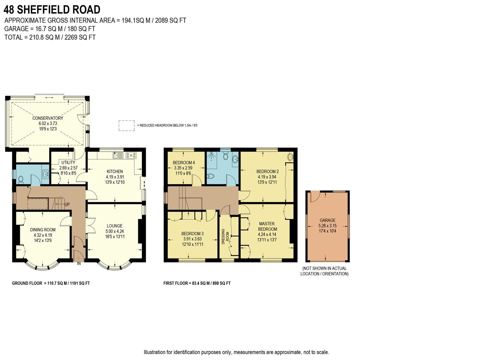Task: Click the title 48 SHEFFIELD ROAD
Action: (x=52, y=9)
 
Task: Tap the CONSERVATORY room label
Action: (x=48, y=118)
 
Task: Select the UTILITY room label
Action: (x=68, y=163)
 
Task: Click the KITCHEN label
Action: (x=115, y=172)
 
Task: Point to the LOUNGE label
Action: (x=115, y=226)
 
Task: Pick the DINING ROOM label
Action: (x=43, y=230)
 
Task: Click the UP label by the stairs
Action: (x=67, y=204)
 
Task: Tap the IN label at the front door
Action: (x=79, y=264)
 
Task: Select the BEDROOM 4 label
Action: (x=184, y=163)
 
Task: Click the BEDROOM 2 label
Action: (x=267, y=172)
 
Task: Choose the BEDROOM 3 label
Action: (x=193, y=234)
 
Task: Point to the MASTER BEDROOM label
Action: (x=267, y=226)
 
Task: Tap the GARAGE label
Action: (x=327, y=220)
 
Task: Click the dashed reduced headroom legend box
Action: (x=127, y=125)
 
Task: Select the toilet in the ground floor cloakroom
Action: (x=21, y=179)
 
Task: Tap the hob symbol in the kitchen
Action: (x=131, y=155)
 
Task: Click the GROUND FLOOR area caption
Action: (x=51, y=283)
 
